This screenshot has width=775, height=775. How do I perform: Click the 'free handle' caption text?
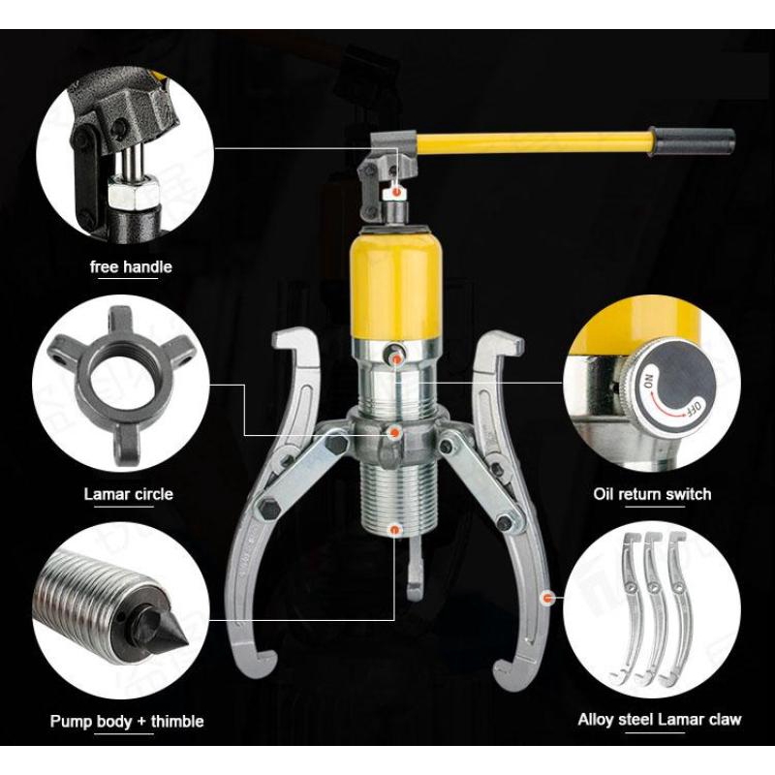click(x=130, y=266)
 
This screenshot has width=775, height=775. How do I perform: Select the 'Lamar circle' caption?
click(x=128, y=494)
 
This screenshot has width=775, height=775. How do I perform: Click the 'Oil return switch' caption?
click(x=652, y=494)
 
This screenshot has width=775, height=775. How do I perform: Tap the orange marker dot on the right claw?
click(x=548, y=599)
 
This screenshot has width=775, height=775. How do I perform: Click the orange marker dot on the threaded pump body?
click(x=395, y=528)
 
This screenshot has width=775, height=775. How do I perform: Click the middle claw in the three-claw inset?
click(x=652, y=610)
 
